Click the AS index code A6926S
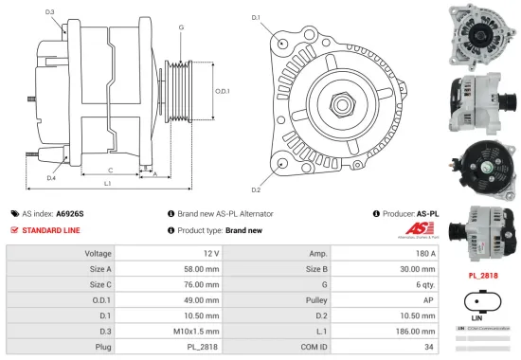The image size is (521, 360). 69,214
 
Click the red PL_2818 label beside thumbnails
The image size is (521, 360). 483,276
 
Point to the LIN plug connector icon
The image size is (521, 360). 483,305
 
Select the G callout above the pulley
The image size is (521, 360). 180,27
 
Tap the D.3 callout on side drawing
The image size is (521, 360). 49,11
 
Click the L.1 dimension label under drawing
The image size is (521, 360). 108,182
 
